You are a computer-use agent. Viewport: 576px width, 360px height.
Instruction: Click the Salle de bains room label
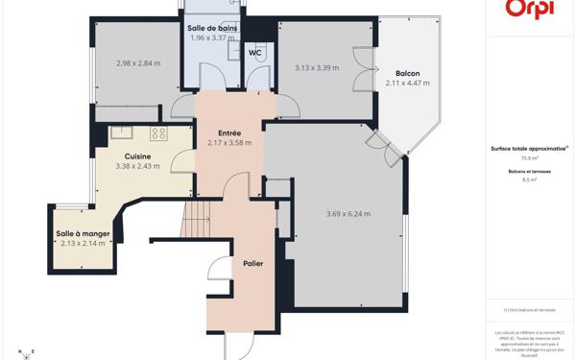coord(214,28)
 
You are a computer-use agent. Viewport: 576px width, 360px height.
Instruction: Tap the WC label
coord(254,54)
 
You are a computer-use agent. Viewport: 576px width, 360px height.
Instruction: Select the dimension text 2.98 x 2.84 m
coord(137,63)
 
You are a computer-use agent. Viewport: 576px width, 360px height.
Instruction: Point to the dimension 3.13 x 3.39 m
coord(316,67)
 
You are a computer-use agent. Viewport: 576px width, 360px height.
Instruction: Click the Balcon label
coord(408,73)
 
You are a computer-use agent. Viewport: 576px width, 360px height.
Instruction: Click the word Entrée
coord(228,132)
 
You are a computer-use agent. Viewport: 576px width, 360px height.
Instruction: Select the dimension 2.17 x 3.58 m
coord(229,143)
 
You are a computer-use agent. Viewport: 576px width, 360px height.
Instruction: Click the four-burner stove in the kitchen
coord(158,133)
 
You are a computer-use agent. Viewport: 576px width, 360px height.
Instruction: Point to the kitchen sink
coord(121,133)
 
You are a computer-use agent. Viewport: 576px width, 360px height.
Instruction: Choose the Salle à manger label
coord(82,234)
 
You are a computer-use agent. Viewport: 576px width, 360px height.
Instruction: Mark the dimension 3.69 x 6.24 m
coord(348,213)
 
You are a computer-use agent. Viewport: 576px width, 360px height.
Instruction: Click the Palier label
coord(253,263)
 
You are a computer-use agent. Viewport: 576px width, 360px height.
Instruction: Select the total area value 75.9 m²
coord(529,157)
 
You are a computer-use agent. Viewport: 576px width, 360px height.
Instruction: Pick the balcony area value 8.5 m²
coord(529,180)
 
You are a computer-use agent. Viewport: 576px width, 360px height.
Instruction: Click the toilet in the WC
coord(254,78)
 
